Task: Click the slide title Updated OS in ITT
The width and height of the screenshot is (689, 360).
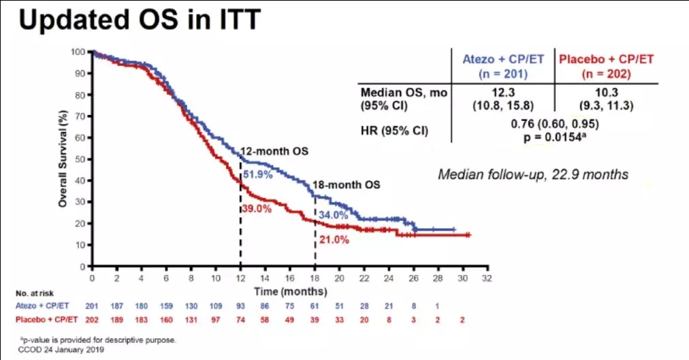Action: [x=139, y=20]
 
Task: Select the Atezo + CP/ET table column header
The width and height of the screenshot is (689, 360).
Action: [x=504, y=65]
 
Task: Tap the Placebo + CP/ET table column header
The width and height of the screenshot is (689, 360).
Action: [x=607, y=65]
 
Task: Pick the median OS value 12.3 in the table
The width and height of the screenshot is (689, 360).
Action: [x=504, y=93]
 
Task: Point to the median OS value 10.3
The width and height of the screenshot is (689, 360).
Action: [x=607, y=93]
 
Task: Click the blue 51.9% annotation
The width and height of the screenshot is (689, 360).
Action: [x=257, y=175]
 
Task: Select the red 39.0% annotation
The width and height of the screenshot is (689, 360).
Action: [x=257, y=208]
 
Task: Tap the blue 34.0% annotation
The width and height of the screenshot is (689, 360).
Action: [x=333, y=214]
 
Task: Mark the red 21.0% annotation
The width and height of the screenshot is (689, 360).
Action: [x=334, y=239]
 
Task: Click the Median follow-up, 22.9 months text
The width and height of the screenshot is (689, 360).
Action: [x=533, y=174]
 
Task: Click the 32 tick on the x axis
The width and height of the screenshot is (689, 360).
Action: [x=486, y=278]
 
